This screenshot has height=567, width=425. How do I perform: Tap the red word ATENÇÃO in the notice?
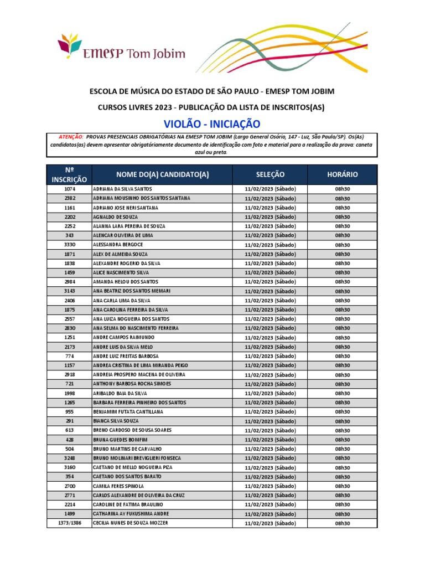pos(71,136)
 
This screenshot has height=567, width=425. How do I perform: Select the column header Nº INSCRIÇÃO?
pos(69,174)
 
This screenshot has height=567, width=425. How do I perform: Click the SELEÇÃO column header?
pos(270,174)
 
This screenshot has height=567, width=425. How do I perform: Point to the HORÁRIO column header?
pos(343,174)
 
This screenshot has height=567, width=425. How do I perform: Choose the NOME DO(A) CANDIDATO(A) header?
pos(162,174)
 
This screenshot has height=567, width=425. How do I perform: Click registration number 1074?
pos(69,189)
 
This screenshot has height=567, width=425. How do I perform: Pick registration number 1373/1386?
pos(69,523)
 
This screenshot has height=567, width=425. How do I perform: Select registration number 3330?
pos(69,245)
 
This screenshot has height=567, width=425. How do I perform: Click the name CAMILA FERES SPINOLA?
pos(118,486)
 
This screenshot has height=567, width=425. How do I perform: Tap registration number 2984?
pos(69,282)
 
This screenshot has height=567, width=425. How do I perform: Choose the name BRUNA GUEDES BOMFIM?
pos(120,440)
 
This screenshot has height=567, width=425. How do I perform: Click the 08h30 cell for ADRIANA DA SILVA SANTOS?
pos(343,189)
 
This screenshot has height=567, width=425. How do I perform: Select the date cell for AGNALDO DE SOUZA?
pos(270,217)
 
